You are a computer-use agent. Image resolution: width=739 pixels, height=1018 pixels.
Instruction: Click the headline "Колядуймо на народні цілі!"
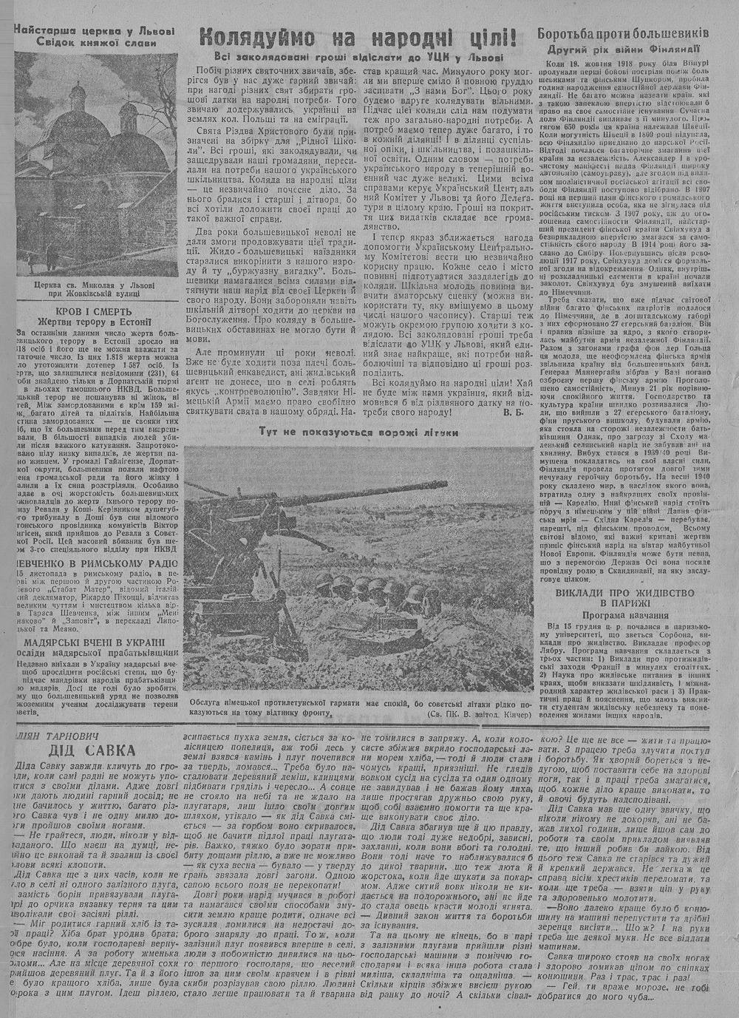[358, 36]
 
